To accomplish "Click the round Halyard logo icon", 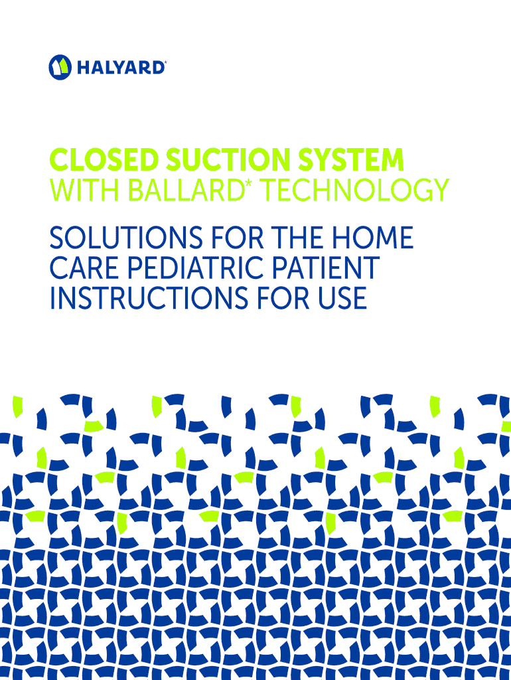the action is pyautogui.click(x=60, y=67).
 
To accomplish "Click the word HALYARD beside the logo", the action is pyautogui.click(x=121, y=68).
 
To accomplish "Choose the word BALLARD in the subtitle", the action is pyautogui.click(x=184, y=190).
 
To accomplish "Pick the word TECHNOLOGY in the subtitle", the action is pyautogui.click(x=356, y=190).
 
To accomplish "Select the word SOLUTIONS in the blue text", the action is pyautogui.click(x=126, y=238).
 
